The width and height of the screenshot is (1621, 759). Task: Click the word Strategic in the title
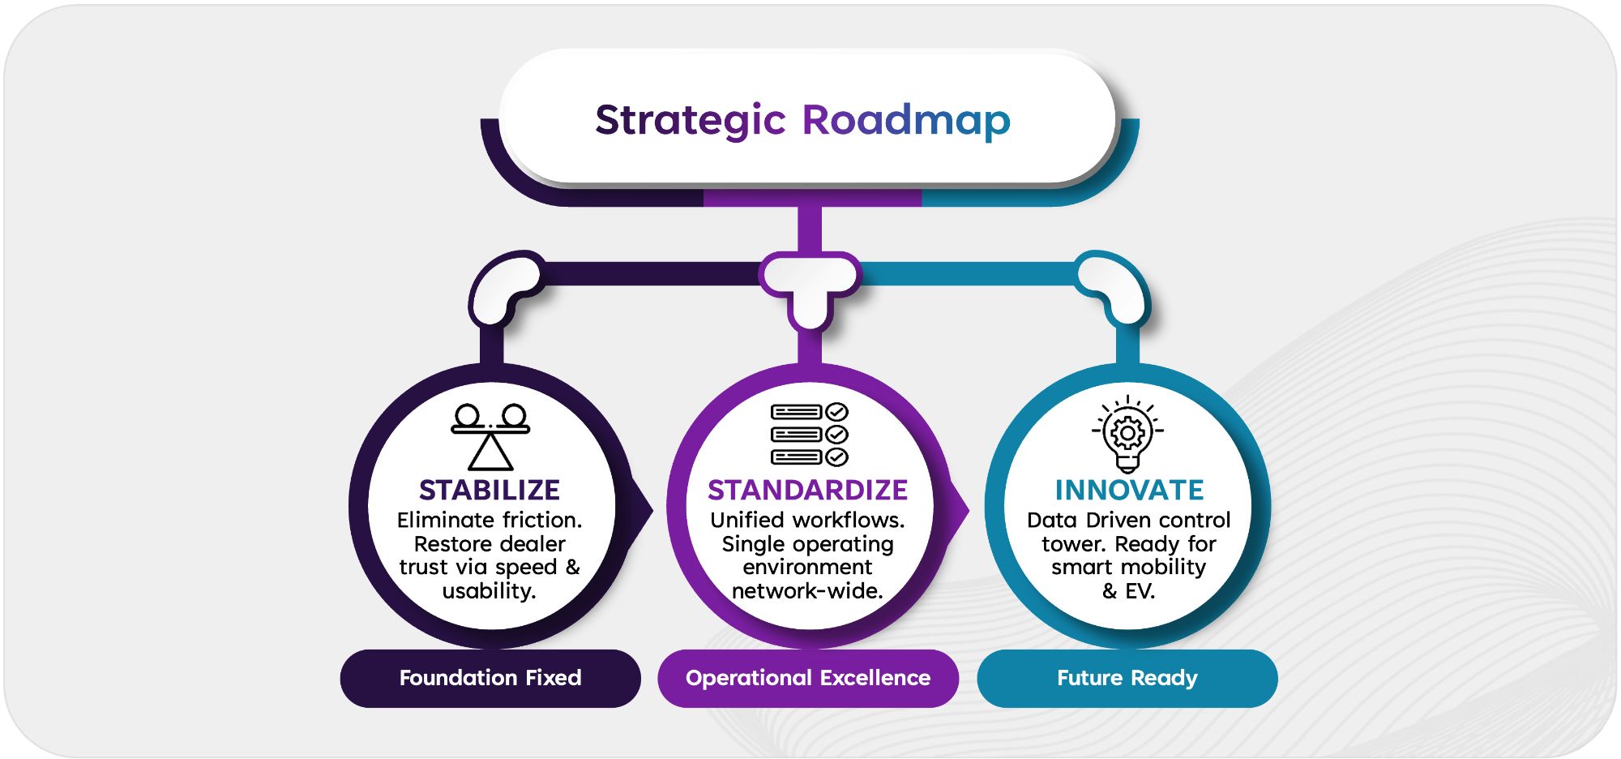click(x=690, y=120)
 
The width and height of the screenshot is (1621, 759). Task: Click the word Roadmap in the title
click(x=906, y=120)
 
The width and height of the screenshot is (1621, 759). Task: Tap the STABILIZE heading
click(x=490, y=490)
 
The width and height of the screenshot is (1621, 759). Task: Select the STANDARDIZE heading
click(x=807, y=490)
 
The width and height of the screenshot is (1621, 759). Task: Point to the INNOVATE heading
click(x=1129, y=490)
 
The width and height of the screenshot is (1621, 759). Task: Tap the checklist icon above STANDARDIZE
click(x=809, y=435)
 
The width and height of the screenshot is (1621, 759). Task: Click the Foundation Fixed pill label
click(x=490, y=678)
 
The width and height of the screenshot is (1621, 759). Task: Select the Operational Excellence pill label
click(x=808, y=678)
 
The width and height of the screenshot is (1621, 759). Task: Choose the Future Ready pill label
click(x=1127, y=678)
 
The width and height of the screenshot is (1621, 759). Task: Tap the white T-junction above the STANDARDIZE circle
click(x=810, y=288)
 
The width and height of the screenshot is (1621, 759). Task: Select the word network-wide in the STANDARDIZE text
click(x=807, y=591)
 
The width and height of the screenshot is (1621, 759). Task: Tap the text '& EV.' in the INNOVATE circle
click(x=1128, y=591)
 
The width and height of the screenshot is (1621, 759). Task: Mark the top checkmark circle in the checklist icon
click(x=837, y=412)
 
